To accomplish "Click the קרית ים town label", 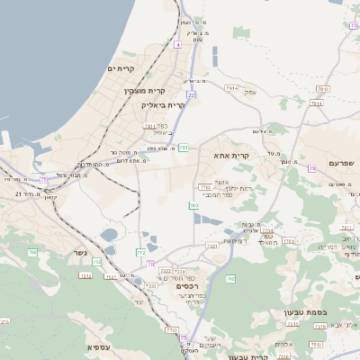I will [x=120, y=69].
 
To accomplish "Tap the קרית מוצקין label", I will [x=144, y=91].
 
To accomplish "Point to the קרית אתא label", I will [x=230, y=156].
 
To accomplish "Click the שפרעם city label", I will [x=340, y=163].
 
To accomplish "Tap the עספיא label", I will [x=99, y=346].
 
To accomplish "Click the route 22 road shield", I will [x=191, y=94].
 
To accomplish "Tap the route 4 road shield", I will [x=178, y=43].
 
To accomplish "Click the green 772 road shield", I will [x=140, y=253].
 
